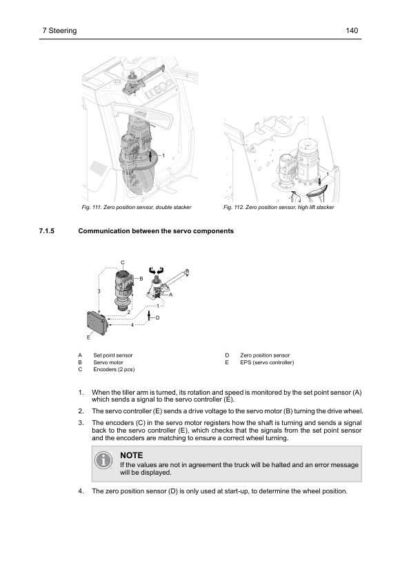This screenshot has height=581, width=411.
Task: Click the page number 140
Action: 352,30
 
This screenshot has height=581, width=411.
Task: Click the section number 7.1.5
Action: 47,231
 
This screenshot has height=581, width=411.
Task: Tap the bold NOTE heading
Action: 132,455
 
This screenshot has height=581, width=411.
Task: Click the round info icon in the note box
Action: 103,460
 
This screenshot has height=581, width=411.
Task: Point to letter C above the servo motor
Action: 123,262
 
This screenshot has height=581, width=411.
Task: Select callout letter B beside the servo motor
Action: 141,279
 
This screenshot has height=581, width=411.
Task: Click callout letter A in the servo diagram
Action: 171,295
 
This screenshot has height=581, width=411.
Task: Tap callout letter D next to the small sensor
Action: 157,317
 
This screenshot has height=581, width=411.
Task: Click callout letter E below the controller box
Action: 88,337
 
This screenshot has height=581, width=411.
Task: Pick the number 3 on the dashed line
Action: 99,291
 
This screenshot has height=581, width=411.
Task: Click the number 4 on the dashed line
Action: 132,325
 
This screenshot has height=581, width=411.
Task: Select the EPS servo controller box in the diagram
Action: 97,323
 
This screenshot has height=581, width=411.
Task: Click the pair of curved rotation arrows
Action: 156,270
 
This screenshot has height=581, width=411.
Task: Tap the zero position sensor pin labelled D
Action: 149,316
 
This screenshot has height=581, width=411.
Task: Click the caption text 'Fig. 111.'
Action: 91,207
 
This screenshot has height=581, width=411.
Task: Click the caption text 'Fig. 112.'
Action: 233,207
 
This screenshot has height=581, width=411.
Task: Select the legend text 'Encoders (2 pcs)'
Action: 114,369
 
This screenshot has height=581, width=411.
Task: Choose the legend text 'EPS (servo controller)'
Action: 267,362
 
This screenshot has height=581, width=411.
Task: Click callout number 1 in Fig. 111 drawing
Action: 163,156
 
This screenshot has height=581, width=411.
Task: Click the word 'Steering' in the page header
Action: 63,31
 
